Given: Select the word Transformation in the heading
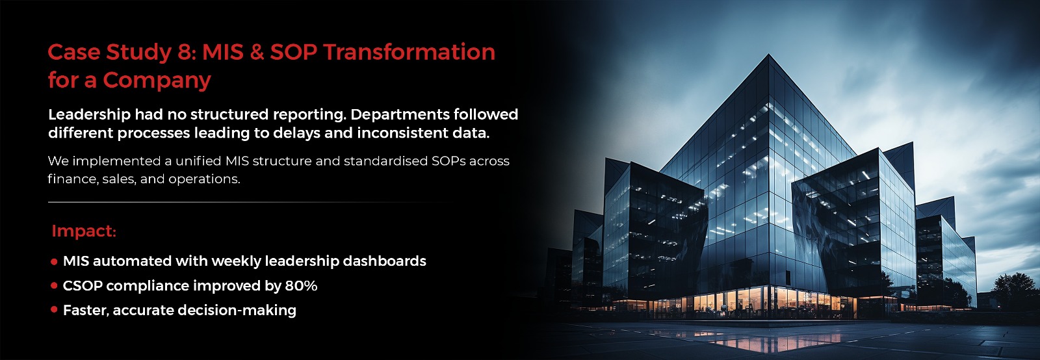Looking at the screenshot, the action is pos(409,52).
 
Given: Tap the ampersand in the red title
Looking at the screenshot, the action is pos(256,52).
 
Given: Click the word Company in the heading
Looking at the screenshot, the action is pos(157,81).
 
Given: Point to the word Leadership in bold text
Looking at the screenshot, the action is pos(90,114).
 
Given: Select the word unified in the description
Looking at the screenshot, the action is pos(198,161).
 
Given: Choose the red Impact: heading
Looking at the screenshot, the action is pos(84,231).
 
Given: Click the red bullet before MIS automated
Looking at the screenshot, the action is pos(55,262).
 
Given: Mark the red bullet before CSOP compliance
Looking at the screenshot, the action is pos(55,286).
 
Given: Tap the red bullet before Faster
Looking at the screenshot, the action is pos(55,309).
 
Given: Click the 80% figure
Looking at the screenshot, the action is pos(301,286).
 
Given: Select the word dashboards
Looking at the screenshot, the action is pos(384,261).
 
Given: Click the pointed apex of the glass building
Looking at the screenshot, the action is pos(768,55).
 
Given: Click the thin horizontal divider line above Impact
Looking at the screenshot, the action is pos(251,202).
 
